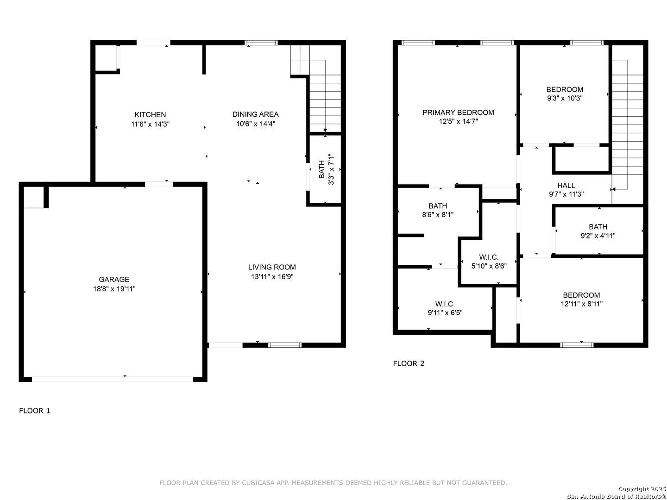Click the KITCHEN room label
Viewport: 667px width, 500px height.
(x=150, y=115)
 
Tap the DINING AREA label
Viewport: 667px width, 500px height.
(x=255, y=114)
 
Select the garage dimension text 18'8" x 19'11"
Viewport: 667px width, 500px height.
(x=114, y=289)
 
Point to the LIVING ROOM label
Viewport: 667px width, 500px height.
(x=271, y=267)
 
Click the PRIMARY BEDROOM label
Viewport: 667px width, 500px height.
(x=458, y=112)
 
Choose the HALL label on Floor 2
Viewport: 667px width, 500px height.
(x=566, y=186)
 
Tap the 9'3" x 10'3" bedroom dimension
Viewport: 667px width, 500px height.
(x=565, y=98)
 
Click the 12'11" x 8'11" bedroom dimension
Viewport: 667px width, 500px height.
(x=581, y=304)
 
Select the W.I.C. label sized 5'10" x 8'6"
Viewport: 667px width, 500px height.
(x=489, y=257)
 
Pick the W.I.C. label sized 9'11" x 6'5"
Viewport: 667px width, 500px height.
(x=445, y=304)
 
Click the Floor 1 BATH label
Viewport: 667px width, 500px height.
(x=321, y=169)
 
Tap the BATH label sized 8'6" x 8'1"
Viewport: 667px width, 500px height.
(x=438, y=206)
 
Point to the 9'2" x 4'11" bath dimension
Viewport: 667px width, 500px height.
(x=598, y=236)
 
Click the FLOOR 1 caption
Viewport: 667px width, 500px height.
(x=34, y=411)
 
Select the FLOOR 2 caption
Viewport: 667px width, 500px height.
(x=409, y=363)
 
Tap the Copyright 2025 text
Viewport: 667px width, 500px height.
(x=642, y=489)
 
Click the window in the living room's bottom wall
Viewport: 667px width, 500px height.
(x=285, y=345)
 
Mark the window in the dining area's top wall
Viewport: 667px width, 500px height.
(x=261, y=43)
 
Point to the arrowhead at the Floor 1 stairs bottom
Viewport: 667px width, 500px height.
(x=325, y=131)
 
